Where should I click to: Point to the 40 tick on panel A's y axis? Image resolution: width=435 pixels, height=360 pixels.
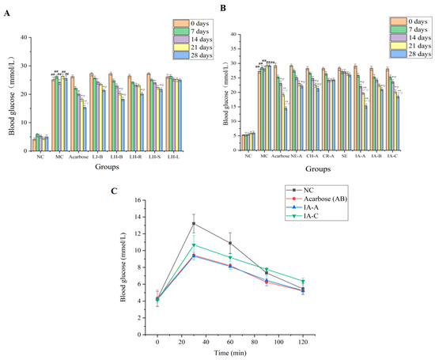(x=25, y=37)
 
